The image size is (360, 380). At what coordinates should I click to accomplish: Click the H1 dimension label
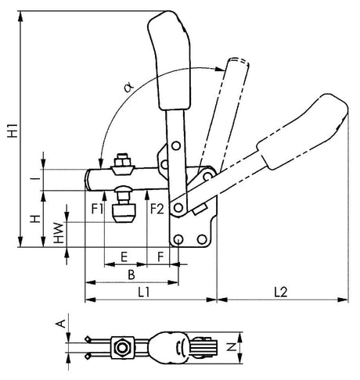coord(13,131)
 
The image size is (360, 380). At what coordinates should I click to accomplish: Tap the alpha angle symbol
coord(129,87)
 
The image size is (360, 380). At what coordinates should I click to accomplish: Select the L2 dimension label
coord(281,292)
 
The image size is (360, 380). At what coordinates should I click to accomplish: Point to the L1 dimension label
coord(143,292)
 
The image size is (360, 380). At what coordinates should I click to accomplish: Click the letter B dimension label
coord(131,275)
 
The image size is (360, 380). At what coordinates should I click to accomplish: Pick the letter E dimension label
coord(124,257)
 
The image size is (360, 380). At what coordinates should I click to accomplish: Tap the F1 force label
coord(97,209)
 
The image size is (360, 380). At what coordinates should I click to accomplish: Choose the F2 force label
coord(157,209)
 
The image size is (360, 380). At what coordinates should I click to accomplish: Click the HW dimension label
coord(59,233)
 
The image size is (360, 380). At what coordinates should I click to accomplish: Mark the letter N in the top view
coord(231,347)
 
